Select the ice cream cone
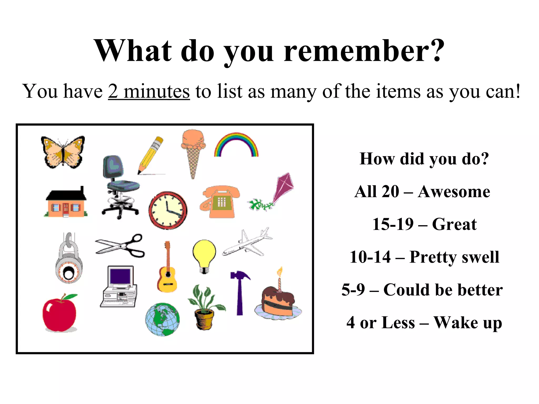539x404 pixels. pyautogui.click(x=193, y=153)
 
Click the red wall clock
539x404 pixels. pyautogui.click(x=168, y=210)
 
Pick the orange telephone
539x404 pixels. pyautogui.click(x=220, y=202)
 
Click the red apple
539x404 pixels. pyautogui.click(x=60, y=313)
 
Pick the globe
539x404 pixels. pyautogui.click(x=162, y=319)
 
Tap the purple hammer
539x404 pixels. pyautogui.click(x=240, y=292)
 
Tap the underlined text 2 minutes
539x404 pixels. pyautogui.click(x=149, y=91)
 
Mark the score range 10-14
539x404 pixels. pyautogui.click(x=370, y=257)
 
